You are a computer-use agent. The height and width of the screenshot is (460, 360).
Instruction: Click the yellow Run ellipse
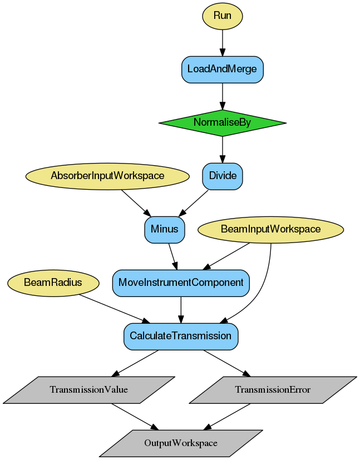[222, 16]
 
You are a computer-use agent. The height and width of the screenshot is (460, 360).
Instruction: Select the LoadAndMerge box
[222, 69]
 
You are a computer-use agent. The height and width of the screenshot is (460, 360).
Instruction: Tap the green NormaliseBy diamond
[222, 122]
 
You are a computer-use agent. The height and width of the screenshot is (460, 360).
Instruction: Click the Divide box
[222, 176]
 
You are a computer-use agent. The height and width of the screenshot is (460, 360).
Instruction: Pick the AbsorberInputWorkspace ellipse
[107, 176]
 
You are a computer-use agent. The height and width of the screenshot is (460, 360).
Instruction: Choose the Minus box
[164, 229]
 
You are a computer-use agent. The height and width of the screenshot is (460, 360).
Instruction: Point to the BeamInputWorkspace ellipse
[270, 229]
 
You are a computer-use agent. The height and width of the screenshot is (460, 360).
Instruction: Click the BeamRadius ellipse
[53, 283]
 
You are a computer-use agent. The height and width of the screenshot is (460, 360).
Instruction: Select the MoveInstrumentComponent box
[181, 283]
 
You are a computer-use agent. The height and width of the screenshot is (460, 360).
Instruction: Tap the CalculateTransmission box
[181, 336]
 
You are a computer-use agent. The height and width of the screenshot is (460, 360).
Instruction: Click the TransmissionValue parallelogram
[89, 389]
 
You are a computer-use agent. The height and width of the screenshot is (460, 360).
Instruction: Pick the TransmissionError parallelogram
[273, 389]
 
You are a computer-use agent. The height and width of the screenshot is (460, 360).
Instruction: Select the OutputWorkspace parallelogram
[181, 443]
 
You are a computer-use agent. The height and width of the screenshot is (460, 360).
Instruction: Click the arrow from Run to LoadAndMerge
[222, 42]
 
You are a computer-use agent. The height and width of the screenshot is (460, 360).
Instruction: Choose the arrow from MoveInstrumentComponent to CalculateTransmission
[181, 309]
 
